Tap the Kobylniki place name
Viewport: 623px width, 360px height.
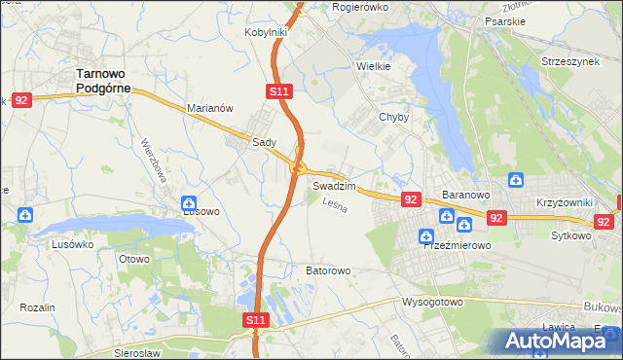coord(265,32)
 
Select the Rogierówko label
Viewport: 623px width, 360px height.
coord(360,7)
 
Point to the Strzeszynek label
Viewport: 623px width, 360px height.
coord(570,61)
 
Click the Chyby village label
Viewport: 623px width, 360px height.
coord(393,117)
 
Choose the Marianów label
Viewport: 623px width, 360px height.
coord(210,109)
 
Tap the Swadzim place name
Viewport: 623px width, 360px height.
coord(334,185)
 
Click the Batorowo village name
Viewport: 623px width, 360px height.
coord(328,270)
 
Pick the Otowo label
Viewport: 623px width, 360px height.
coord(133,259)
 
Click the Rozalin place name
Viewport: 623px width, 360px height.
coord(36,307)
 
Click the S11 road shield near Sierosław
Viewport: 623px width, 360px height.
coord(255,319)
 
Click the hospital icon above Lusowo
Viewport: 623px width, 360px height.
coord(189,204)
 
